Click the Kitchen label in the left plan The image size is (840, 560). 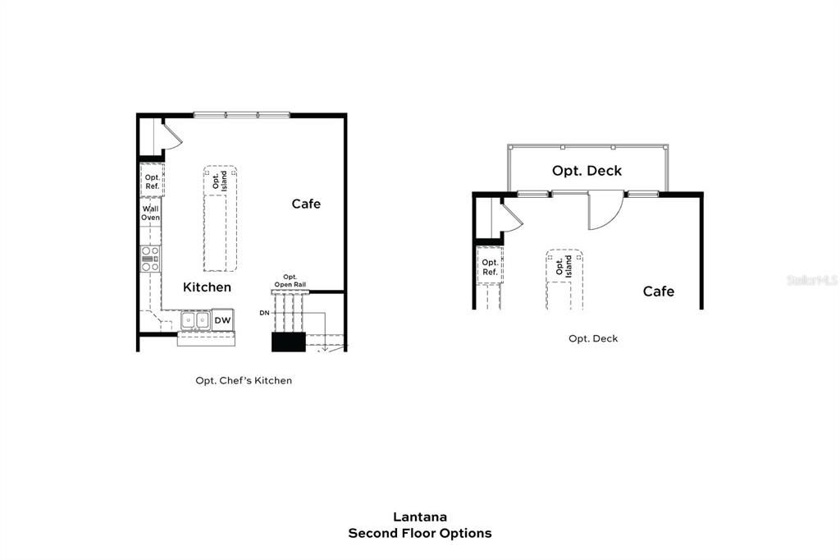pos(207,287)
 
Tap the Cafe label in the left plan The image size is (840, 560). pos(306,204)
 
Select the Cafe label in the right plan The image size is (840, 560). pos(658,291)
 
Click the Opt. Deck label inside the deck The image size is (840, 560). pos(587,171)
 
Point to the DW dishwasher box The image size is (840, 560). pos(223,320)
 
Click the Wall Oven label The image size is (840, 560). pos(150,213)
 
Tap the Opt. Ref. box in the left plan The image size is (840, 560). pos(152,181)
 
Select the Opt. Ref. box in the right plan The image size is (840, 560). pos(490,267)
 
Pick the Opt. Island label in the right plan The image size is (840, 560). pos(564,266)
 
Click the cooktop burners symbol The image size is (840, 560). pos(150,258)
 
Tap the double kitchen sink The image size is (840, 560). pos(195,320)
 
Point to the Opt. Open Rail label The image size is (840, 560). pos(290,281)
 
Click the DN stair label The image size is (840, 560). pos(264,313)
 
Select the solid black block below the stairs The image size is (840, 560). pos(288,342)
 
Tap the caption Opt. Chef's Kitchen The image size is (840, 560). pos(244,381)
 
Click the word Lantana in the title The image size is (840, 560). pos(419,517)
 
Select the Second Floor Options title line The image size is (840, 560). pos(419,534)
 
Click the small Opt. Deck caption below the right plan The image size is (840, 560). pos(593,338)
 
